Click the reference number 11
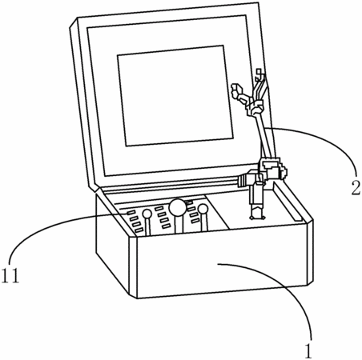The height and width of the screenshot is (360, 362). (10, 275)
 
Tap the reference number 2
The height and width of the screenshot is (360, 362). (356, 187)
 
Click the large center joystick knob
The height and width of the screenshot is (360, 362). (177, 207)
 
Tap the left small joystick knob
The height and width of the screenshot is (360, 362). (147, 214)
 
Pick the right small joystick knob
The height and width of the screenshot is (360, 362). (203, 209)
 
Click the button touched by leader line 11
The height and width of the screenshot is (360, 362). (131, 213)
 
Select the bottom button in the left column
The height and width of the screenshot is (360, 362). (139, 230)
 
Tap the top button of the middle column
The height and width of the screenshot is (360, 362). (159, 208)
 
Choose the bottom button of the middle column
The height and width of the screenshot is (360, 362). (166, 226)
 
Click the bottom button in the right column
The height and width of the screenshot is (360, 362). (195, 221)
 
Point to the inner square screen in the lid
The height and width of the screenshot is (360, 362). (175, 95)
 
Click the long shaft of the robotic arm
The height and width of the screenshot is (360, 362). (263, 135)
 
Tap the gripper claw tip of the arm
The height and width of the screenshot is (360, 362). (236, 90)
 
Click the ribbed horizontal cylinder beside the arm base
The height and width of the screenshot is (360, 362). (243, 181)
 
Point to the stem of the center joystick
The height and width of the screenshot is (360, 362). (179, 223)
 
